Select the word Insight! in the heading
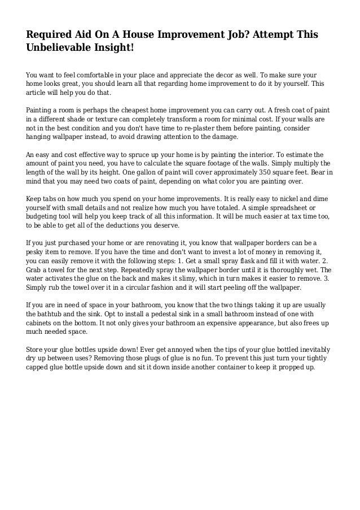[x=116, y=49]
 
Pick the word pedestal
[x=146, y=314]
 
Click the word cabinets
[x=41, y=323]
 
